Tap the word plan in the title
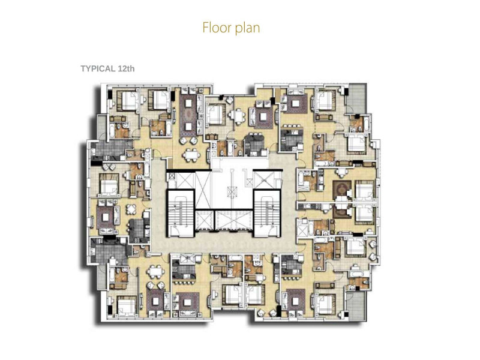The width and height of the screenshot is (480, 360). coord(248,28)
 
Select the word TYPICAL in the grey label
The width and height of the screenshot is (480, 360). coord(98,68)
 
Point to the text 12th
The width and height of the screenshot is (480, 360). coord(126,68)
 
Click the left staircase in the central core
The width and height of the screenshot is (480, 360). coord(181,214)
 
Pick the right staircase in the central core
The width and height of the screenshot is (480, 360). coord(267,214)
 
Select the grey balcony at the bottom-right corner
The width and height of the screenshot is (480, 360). coord(356,306)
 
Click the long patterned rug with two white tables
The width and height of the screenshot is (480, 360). coord(189,115)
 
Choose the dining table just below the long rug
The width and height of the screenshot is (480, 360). coord(191,155)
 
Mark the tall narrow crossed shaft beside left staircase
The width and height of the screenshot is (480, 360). coord(203,190)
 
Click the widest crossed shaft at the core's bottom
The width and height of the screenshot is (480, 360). coord(234,220)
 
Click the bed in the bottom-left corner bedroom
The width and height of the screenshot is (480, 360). coord(126,307)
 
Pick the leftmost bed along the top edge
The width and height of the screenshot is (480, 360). coord(130,101)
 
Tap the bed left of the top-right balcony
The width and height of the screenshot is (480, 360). coord(325,101)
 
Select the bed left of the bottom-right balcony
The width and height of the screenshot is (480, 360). coord(326,304)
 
